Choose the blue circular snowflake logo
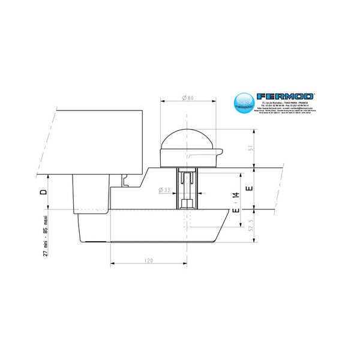[x=244, y=102]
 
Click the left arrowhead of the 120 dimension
[x=112, y=265]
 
